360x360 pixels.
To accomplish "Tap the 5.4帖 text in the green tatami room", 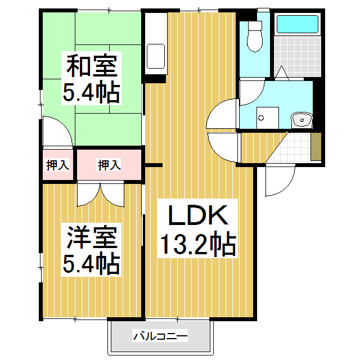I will [91, 92].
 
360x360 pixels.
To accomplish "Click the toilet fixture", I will [256, 37].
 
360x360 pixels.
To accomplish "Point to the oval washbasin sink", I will [303, 120].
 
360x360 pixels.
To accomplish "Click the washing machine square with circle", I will [261, 117].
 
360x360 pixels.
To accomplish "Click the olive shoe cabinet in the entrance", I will [316, 147].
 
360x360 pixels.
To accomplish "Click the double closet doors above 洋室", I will [100, 194].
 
